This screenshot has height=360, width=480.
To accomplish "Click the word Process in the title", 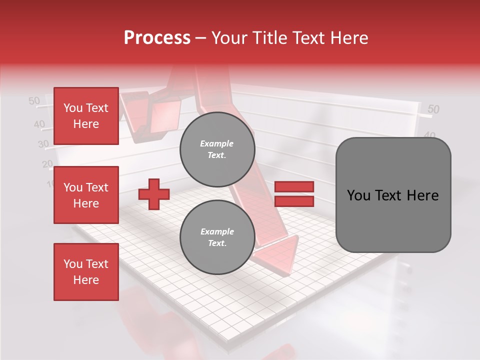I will point(157,37).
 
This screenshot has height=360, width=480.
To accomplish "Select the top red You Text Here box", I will point(86,116).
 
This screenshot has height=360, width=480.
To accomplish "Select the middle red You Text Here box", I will point(86,195).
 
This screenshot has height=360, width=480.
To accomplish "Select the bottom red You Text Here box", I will point(86,272).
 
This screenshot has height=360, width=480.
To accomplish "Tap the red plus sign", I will point(153,195).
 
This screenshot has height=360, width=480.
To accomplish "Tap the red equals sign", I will point(294,194).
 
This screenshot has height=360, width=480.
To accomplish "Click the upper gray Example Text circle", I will point(217,149).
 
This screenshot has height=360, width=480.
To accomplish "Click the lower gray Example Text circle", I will point(217,237).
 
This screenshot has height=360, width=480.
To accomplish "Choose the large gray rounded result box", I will point(393,195).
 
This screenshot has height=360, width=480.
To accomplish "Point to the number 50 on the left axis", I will point(34,101).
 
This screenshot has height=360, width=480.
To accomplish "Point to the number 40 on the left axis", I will point(39,124).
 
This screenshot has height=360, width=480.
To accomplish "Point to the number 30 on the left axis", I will point(43,144).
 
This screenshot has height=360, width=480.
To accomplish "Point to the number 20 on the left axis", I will point(47,163).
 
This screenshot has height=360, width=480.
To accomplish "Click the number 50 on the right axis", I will point(433,109).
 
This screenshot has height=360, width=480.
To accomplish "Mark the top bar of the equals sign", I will point(294,187).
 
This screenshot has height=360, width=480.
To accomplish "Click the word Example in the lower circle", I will point(217,231).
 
